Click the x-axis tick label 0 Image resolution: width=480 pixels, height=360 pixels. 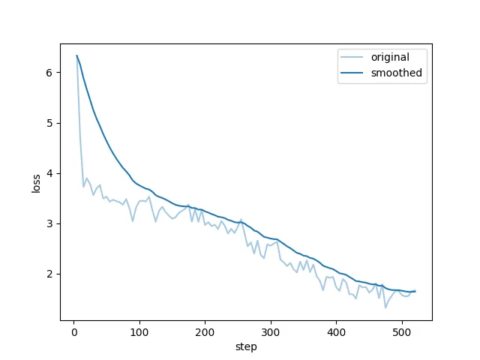73,332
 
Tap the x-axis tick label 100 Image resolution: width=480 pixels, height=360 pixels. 139,332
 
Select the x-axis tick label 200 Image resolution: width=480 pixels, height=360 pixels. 205,332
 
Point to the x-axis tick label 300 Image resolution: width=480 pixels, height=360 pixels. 271,332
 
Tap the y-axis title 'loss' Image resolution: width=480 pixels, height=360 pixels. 36,182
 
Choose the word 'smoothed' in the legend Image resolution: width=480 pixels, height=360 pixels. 396,73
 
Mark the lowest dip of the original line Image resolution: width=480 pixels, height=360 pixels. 385,307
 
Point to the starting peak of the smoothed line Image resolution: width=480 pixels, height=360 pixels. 76,55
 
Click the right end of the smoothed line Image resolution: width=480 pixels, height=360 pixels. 415,291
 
